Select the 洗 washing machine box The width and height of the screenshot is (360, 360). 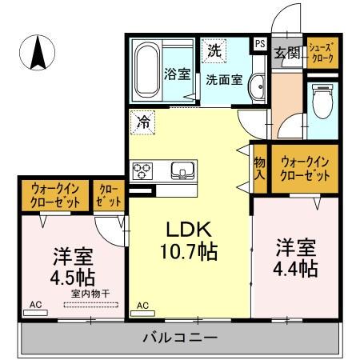[214, 50]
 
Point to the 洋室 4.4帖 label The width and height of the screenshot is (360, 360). [297, 256]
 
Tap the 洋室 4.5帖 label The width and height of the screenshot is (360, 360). [73, 268]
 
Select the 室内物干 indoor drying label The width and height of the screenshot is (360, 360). [90, 294]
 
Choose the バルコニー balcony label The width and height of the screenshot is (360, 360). [181, 338]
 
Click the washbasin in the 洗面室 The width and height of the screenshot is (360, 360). [257, 87]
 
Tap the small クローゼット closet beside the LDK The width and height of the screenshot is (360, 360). [107, 197]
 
